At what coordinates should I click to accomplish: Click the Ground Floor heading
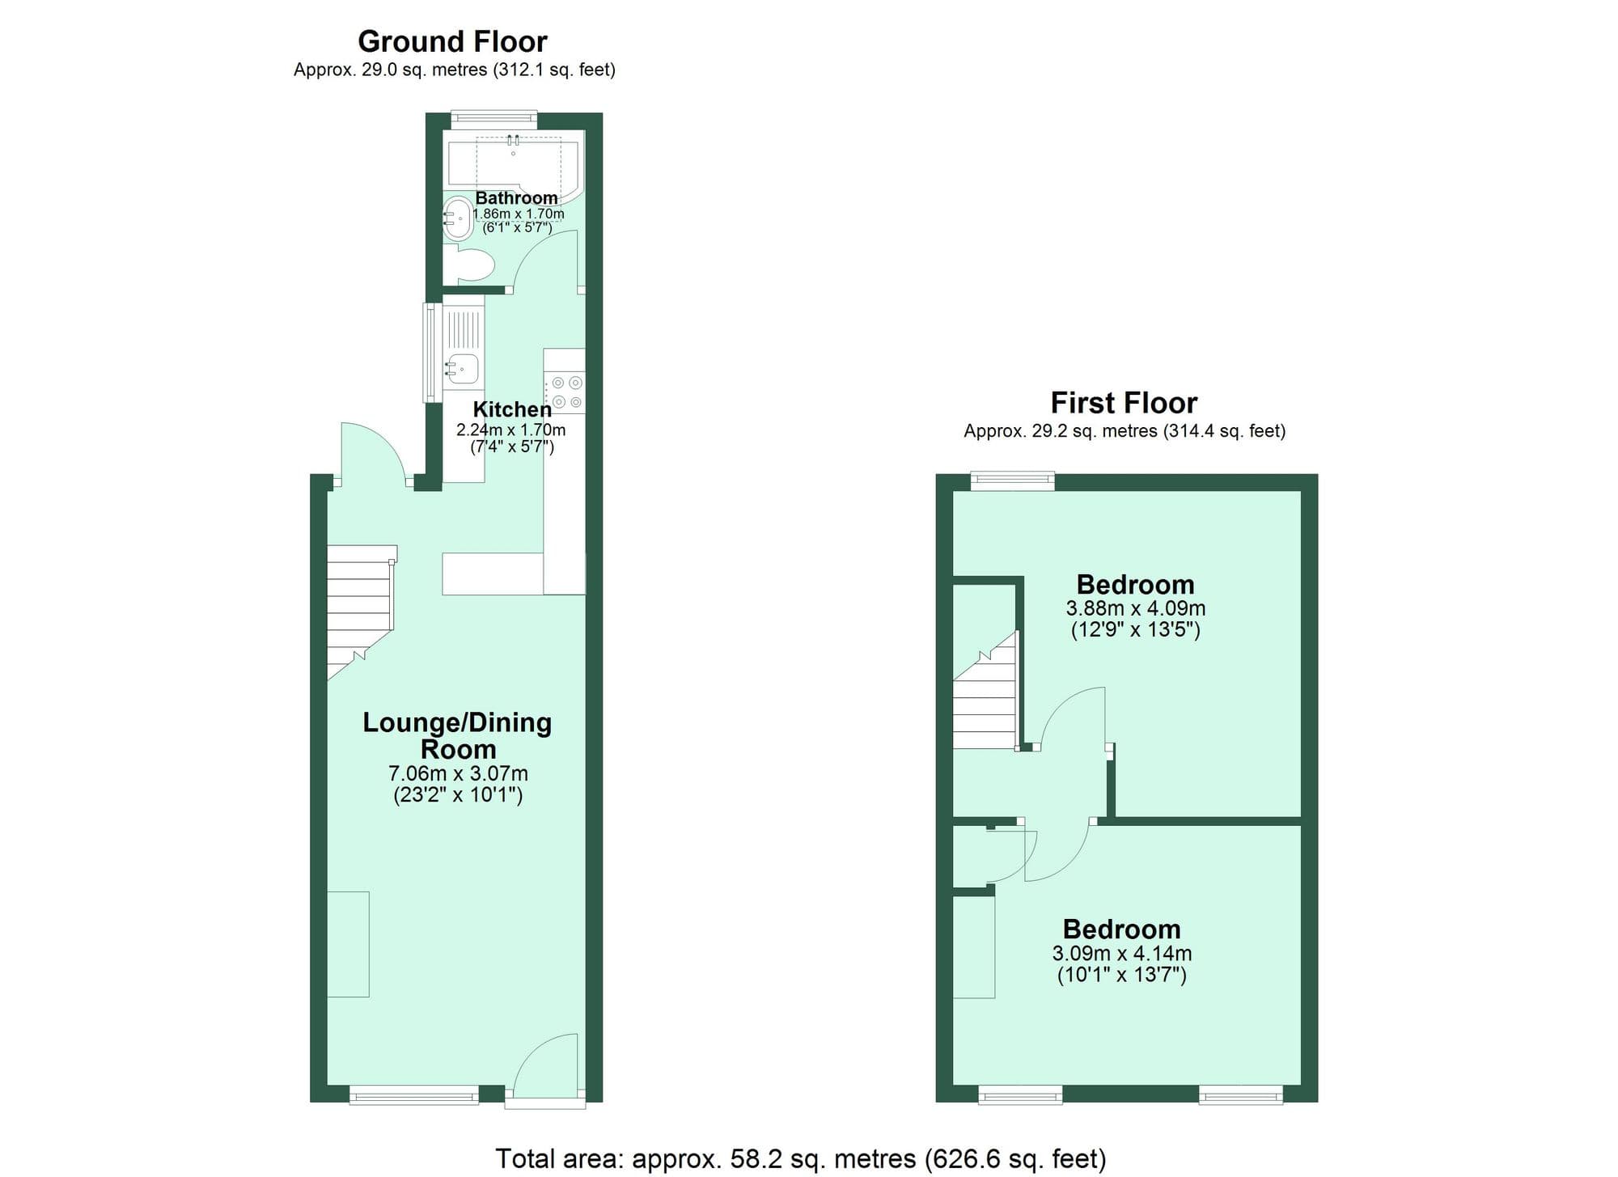(452, 41)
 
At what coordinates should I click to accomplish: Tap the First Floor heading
(1123, 403)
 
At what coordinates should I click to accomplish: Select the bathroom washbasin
(459, 218)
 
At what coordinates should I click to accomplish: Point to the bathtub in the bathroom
(510, 163)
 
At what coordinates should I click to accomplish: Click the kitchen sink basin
(464, 369)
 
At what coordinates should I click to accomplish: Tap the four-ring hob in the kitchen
(565, 392)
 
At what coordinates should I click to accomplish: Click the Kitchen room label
(511, 409)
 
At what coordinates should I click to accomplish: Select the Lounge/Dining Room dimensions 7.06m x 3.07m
(458, 774)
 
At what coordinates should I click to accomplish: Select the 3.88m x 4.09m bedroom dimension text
(1135, 608)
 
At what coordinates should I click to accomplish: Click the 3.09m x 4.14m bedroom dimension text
(1121, 954)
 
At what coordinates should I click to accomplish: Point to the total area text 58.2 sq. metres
(800, 1159)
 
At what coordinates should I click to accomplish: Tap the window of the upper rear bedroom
(1013, 481)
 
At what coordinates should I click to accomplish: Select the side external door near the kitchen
(371, 455)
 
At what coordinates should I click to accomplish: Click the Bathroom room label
(516, 198)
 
